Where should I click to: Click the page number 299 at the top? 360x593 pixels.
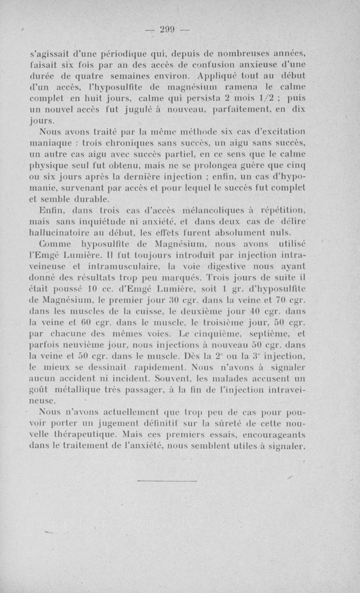(167, 30)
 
